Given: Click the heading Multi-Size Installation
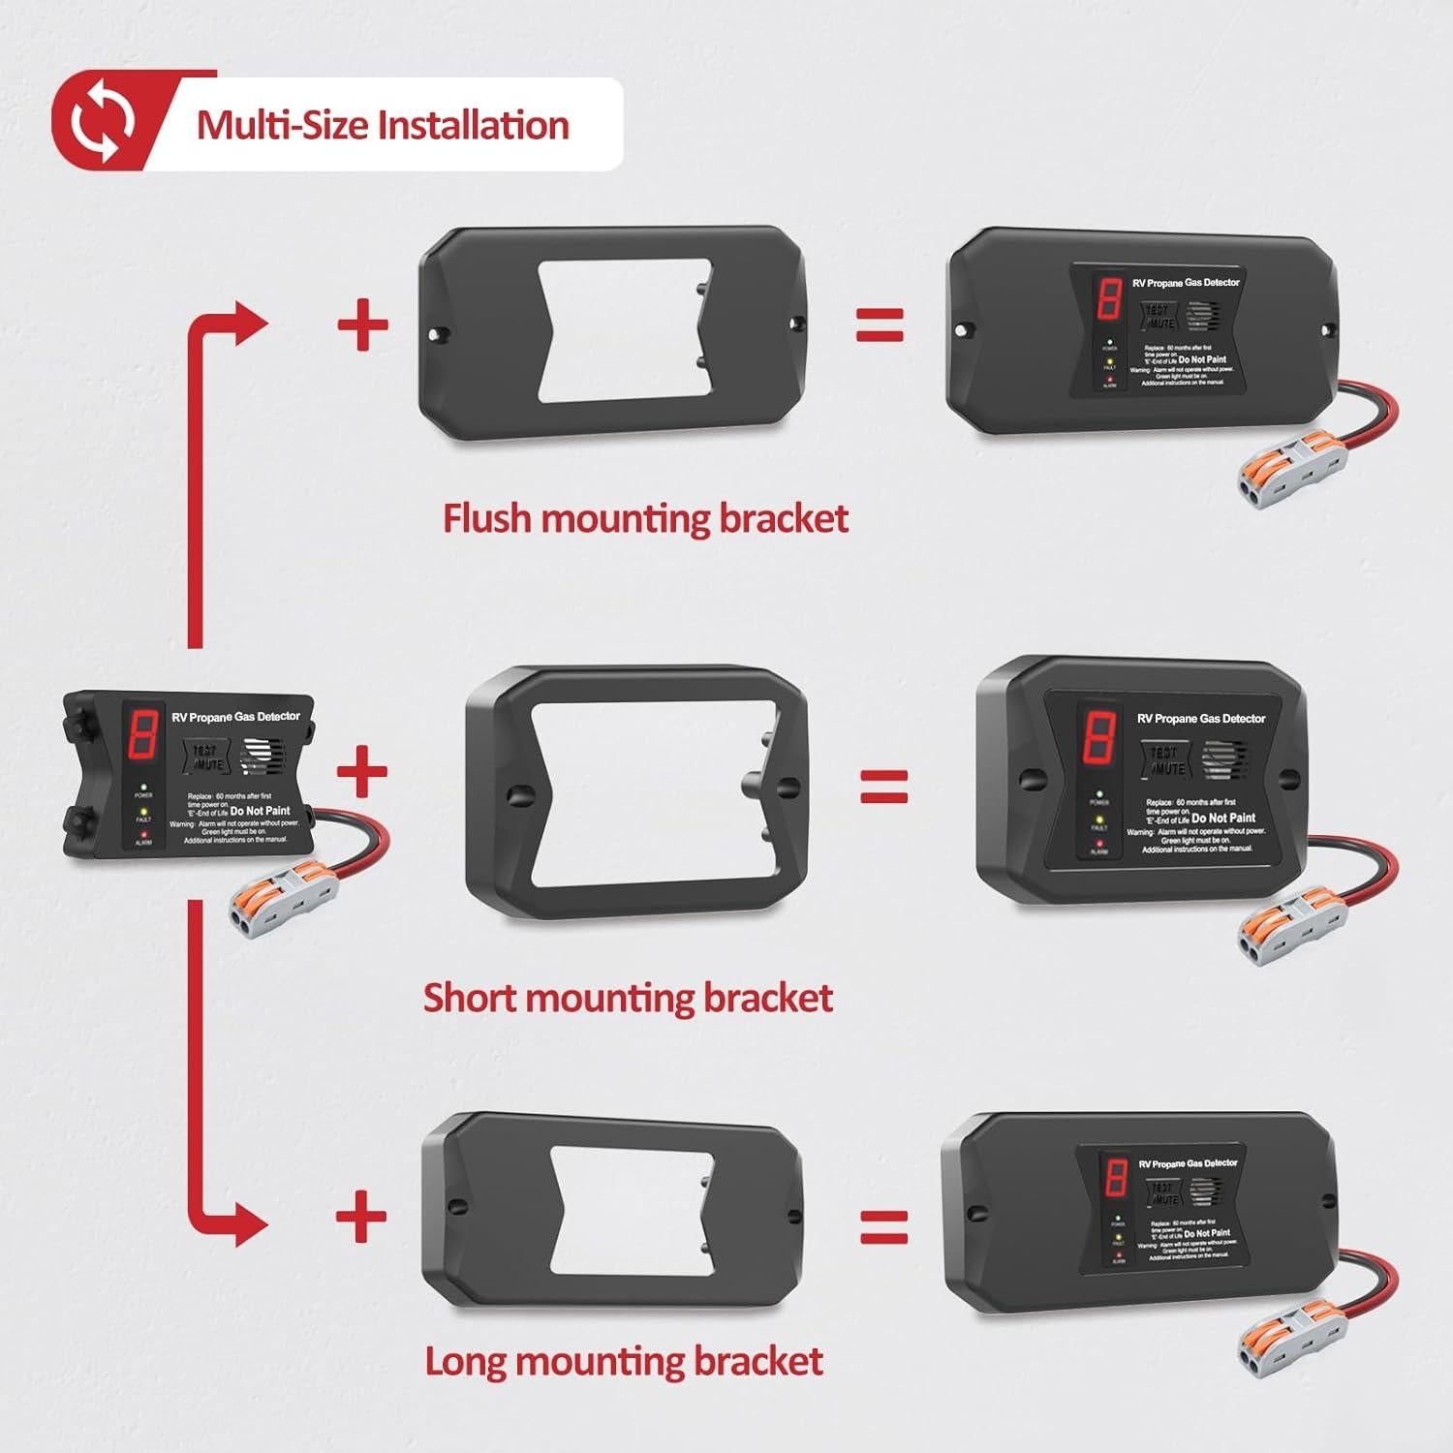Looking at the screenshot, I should (383, 126).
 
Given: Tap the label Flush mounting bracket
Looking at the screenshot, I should (645, 518).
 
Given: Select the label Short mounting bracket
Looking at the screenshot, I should (628, 998).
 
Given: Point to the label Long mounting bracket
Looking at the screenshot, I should (624, 1361).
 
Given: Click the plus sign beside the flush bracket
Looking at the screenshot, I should (363, 325).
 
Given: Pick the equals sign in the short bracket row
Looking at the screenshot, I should (884, 786).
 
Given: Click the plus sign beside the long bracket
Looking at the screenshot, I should (361, 1217).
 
